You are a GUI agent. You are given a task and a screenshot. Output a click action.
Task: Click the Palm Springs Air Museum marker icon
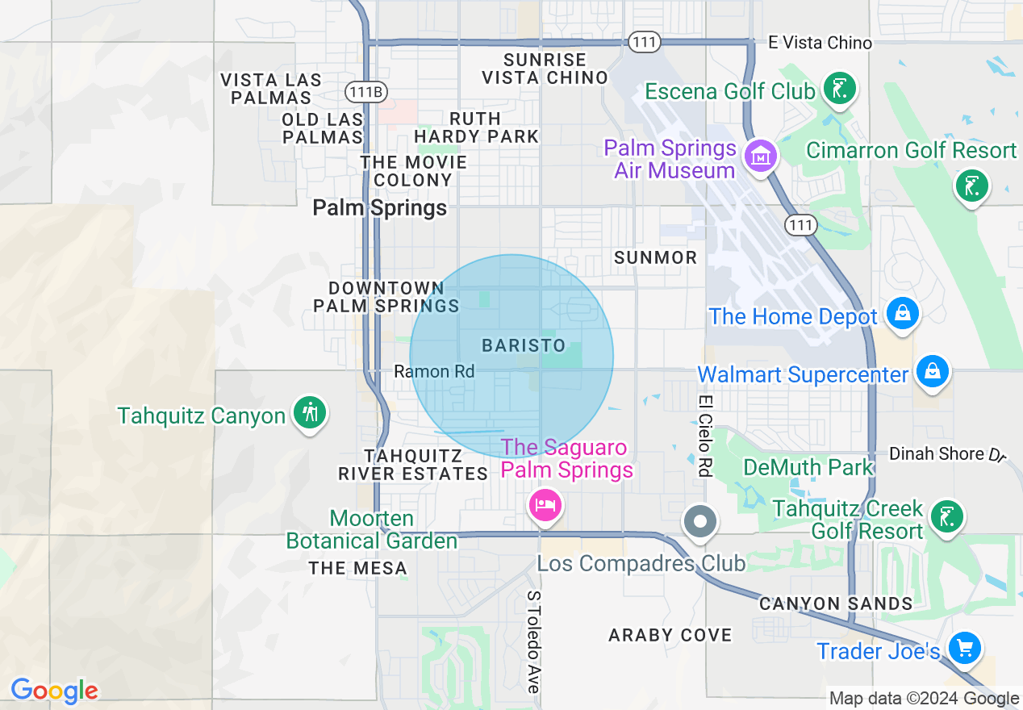point(761,154)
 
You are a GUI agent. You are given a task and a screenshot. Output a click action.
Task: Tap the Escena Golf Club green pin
point(839,88)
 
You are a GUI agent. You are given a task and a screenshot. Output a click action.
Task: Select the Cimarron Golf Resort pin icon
point(971,186)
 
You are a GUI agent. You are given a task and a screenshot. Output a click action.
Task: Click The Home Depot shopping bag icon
point(902,313)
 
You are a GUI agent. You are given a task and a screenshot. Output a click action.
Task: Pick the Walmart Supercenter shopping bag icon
point(932,371)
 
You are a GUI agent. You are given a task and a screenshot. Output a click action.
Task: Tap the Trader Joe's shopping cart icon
point(963,647)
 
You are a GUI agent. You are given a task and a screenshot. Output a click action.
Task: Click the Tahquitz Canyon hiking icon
point(309,412)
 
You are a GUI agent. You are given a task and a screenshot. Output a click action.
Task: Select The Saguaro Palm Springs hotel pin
point(545,506)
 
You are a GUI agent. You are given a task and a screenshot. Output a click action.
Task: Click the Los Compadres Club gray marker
point(699,521)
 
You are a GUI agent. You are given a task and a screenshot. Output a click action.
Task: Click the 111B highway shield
point(365,92)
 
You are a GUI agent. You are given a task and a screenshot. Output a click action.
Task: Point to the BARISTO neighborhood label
point(524,345)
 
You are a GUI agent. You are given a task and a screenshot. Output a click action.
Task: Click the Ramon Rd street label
point(434,371)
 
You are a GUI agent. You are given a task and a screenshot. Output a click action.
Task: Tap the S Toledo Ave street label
point(533,641)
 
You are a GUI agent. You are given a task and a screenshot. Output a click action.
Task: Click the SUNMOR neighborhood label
point(655,257)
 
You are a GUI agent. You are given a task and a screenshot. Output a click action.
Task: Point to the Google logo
point(54,691)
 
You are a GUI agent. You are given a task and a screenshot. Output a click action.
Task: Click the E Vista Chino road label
point(820,43)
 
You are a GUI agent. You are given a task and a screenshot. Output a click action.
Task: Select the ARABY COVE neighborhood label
point(670,635)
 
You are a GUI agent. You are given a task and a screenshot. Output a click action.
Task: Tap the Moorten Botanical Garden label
point(372,529)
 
